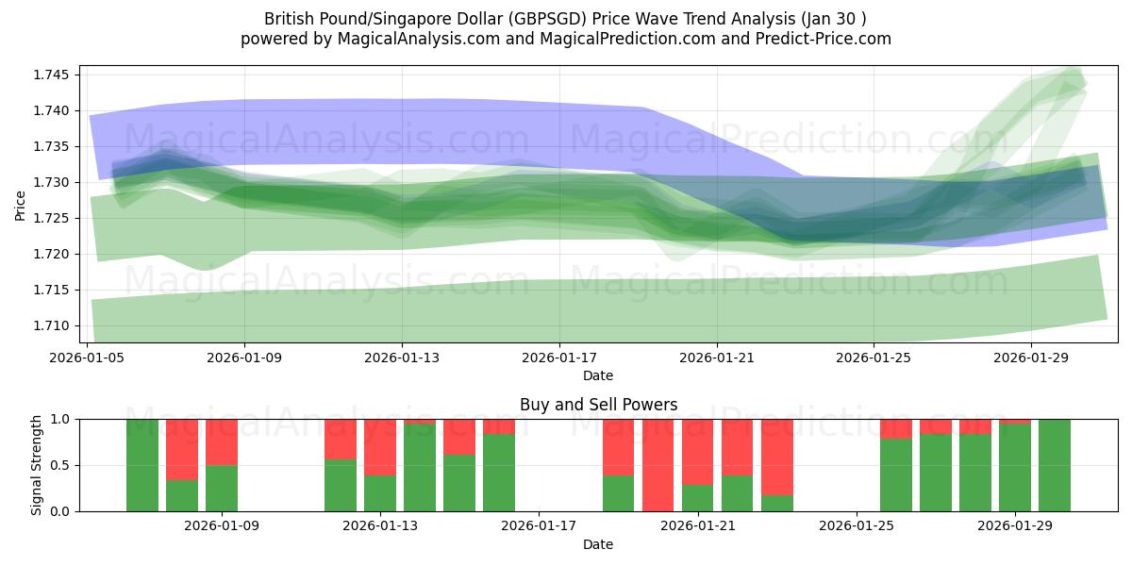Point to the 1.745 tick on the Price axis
click(x=57, y=75)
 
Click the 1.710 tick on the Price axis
click(x=57, y=325)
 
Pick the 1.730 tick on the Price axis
click(x=57, y=182)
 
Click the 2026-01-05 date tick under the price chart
click(x=88, y=358)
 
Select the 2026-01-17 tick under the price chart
click(x=559, y=358)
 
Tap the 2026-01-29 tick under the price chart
click(x=1030, y=358)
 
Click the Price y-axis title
click(x=21, y=205)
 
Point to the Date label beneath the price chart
click(x=598, y=375)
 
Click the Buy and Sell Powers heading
click(x=598, y=405)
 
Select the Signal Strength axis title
click(x=38, y=464)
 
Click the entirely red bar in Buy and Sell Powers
click(x=658, y=465)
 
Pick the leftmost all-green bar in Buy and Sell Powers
click(x=142, y=465)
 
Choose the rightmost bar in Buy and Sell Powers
click(x=1055, y=465)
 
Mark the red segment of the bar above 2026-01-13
click(x=380, y=447)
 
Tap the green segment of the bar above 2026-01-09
click(x=222, y=488)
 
